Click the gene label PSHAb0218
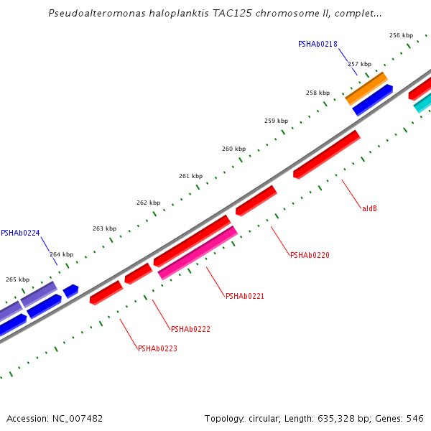pyautogui.click(x=318, y=44)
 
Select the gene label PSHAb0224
pyautogui.click(x=20, y=233)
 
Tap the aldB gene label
pyautogui.click(x=369, y=209)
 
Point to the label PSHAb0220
pyautogui.click(x=310, y=255)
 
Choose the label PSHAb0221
pyautogui.click(x=245, y=296)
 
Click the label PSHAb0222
pyautogui.click(x=190, y=329)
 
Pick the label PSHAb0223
pyautogui.click(x=157, y=349)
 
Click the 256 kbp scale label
pyautogui.click(x=401, y=35)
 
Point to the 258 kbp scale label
pyautogui.click(x=318, y=93)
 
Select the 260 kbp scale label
pyautogui.click(x=233, y=149)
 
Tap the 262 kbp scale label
pyautogui.click(x=148, y=203)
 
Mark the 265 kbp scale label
pyautogui.click(x=18, y=279)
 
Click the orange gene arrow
pyautogui.click(x=366, y=88)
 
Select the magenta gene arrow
pyautogui.click(x=198, y=252)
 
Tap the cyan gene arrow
pyautogui.click(x=423, y=103)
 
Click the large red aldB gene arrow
pyautogui.click(x=326, y=154)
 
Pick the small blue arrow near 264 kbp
pyautogui.click(x=70, y=291)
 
